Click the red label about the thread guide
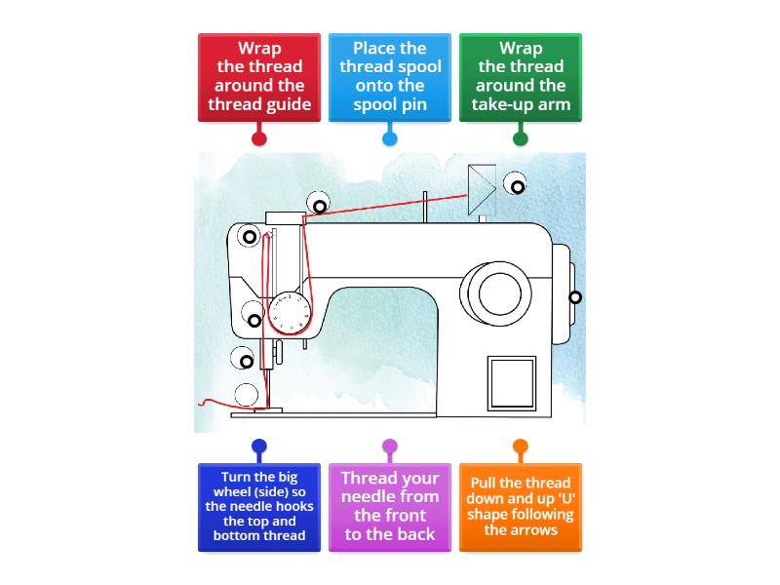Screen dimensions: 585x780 click(258, 78)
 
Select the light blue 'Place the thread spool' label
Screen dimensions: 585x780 click(389, 78)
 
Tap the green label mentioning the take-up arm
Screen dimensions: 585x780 click(520, 78)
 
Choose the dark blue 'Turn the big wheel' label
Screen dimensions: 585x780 click(258, 507)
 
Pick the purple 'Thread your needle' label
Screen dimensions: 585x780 click(389, 507)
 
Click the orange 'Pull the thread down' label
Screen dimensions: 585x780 click(520, 507)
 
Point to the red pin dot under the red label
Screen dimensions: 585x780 click(258, 138)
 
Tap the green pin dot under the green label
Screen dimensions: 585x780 click(520, 138)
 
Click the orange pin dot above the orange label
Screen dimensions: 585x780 click(520, 448)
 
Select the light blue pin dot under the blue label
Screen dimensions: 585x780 click(389, 138)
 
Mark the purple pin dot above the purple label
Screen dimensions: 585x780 click(389, 448)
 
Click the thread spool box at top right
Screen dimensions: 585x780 click(482, 189)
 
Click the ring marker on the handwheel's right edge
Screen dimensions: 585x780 click(575, 297)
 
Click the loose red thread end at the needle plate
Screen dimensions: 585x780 click(207, 402)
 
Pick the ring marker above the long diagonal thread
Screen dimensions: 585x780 click(319, 205)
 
